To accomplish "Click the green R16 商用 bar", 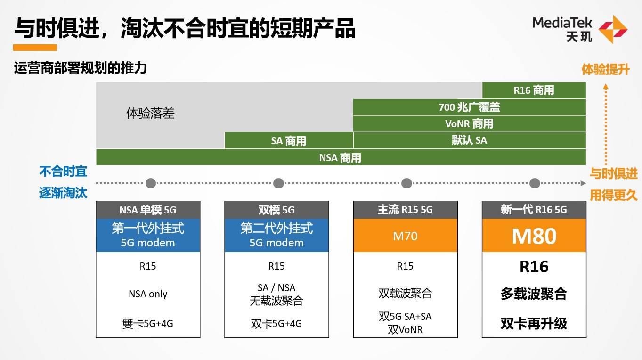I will pyautogui.click(x=534, y=90).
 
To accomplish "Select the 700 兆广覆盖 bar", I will pyautogui.click(x=469, y=107).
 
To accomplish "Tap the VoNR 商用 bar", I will pyautogui.click(x=469, y=123).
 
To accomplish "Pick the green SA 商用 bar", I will pyautogui.click(x=289, y=140).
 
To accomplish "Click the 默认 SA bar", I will pyautogui.click(x=469, y=140).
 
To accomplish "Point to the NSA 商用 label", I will pyautogui.click(x=340, y=157).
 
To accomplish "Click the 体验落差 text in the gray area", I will pyautogui.click(x=150, y=114).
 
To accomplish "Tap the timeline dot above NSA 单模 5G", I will pyautogui.click(x=150, y=183).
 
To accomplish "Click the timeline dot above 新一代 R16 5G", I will pyautogui.click(x=534, y=183).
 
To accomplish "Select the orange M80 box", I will pyautogui.click(x=534, y=236).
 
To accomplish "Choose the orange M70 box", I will pyautogui.click(x=405, y=236).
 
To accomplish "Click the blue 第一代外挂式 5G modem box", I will pyautogui.click(x=148, y=236).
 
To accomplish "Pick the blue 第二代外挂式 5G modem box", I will pyautogui.click(x=276, y=236).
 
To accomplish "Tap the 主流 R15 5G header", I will pyautogui.click(x=405, y=210).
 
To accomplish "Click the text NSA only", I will pyautogui.click(x=148, y=294).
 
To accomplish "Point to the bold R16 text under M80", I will pyautogui.click(x=534, y=267).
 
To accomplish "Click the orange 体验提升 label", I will pyautogui.click(x=605, y=70).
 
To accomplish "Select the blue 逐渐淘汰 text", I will pyautogui.click(x=63, y=193).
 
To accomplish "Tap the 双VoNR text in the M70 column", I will pyautogui.click(x=405, y=329).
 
